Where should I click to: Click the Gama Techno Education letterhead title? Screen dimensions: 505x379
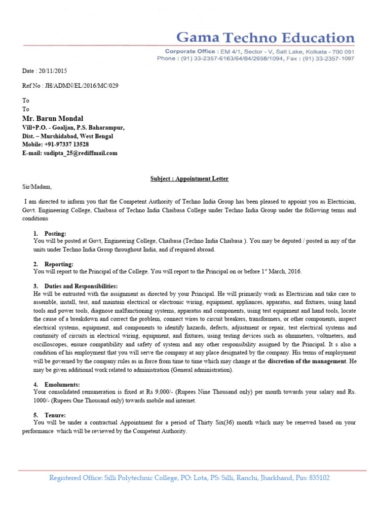[265, 38]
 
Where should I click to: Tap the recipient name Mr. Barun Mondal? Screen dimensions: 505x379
[53, 119]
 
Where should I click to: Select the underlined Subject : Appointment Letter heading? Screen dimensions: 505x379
[189, 179]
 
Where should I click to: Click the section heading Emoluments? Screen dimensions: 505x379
[63, 384]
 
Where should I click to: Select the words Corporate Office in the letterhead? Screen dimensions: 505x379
[190, 51]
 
